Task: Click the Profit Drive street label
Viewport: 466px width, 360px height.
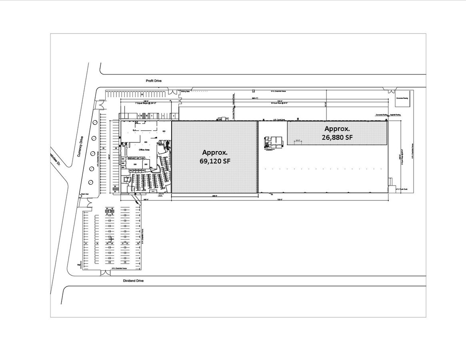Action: pyautogui.click(x=154, y=81)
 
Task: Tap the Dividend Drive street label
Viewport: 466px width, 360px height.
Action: pyautogui.click(x=133, y=281)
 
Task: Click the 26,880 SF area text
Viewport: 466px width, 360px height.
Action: pyautogui.click(x=337, y=137)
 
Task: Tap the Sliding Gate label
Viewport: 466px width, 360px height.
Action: pyautogui.click(x=184, y=92)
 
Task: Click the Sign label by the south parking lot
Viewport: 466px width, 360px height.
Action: pyautogui.click(x=79, y=264)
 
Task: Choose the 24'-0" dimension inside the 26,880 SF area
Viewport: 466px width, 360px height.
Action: pyautogui.click(x=297, y=140)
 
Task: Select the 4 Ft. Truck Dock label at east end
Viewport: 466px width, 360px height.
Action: pyautogui.click(x=402, y=190)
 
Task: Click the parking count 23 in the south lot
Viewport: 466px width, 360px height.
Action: pyautogui.click(x=138, y=243)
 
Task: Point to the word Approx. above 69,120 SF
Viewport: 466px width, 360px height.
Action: pyautogui.click(x=215, y=152)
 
